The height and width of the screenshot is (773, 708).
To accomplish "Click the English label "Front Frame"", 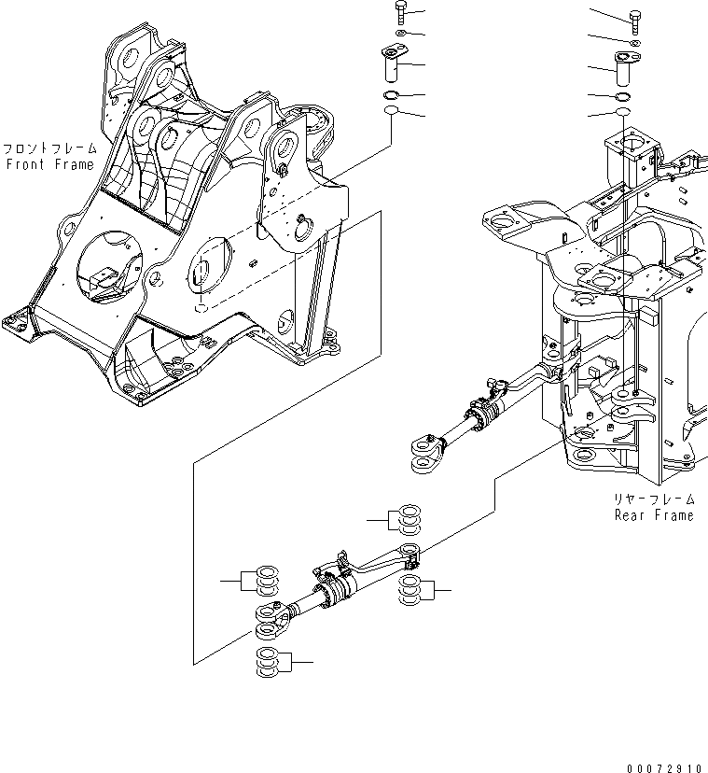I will point(49,164).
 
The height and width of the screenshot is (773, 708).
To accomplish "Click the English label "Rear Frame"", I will point(653,515).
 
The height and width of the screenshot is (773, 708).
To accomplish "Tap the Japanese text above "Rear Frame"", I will point(653,499).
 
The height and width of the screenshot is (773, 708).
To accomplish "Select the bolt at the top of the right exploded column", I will point(635,19).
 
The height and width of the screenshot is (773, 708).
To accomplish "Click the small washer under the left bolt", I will point(398,35).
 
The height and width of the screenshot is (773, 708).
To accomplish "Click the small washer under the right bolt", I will point(635,43).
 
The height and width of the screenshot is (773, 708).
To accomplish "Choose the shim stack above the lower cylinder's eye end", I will point(262,582).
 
